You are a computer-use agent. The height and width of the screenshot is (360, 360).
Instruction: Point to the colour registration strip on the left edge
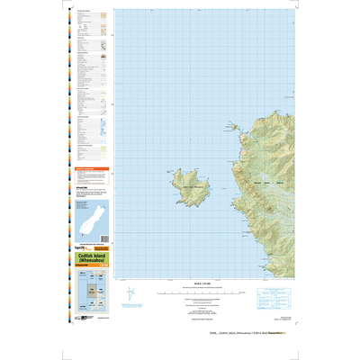tap(70, 135)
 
